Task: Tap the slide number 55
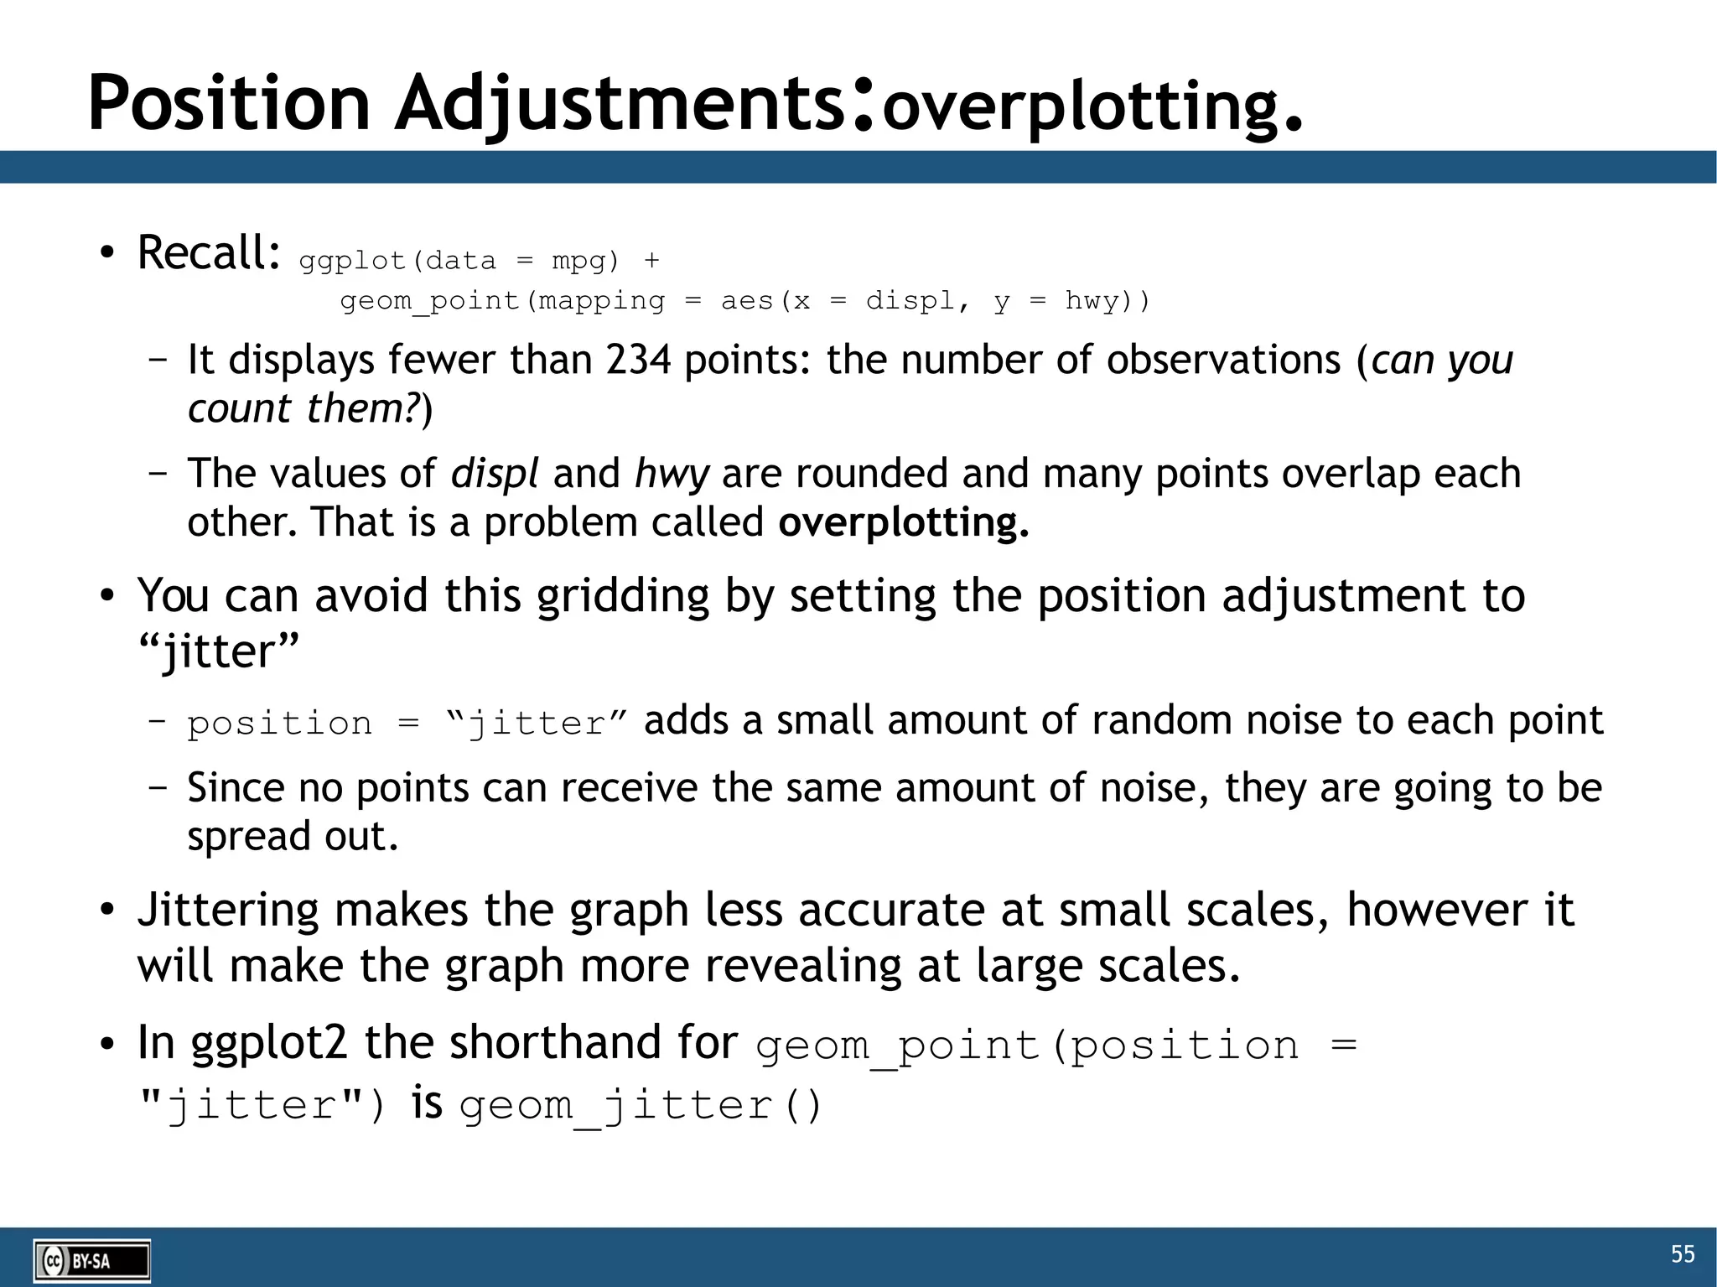coord(1682,1253)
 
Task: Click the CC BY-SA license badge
coord(92,1260)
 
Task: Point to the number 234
coord(638,360)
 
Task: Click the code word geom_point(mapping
coord(502,300)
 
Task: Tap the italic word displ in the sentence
coord(495,473)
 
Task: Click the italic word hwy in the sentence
coord(672,475)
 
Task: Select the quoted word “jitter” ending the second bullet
coord(218,651)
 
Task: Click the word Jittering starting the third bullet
coord(228,911)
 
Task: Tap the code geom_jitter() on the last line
coord(641,1105)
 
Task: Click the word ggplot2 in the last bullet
coord(268,1043)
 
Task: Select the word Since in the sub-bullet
coord(235,787)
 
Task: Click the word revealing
coord(802,966)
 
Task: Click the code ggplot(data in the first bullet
coord(397,261)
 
